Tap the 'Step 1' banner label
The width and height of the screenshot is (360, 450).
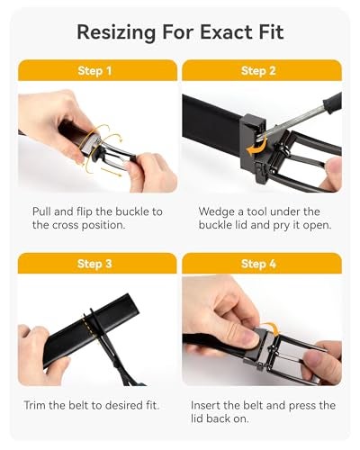click(97, 70)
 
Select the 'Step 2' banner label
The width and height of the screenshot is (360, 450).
click(261, 70)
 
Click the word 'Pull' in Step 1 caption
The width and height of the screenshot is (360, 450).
click(43, 211)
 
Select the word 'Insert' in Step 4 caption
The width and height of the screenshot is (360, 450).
click(209, 405)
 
